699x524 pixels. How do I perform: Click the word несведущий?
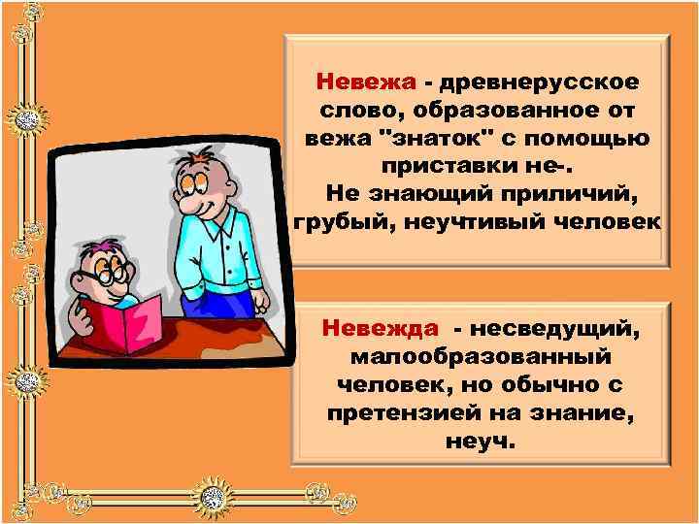coord(561,327)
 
